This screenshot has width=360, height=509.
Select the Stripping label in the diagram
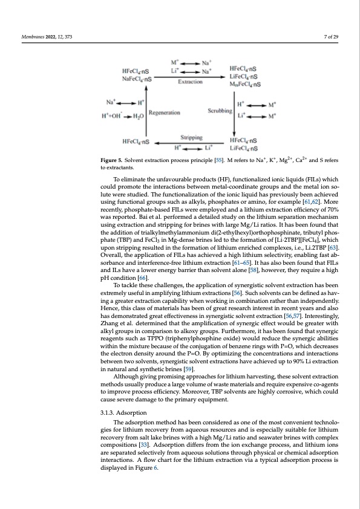[192, 137]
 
